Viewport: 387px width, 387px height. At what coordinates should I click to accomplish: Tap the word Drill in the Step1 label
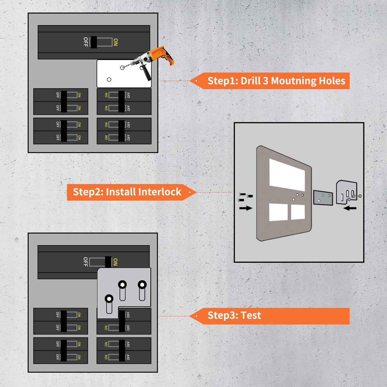[250, 81]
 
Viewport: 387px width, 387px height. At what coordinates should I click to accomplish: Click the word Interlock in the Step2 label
[160, 192]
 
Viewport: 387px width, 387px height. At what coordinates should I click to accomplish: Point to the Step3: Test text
[234, 315]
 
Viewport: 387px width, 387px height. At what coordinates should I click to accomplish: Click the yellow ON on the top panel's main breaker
[116, 42]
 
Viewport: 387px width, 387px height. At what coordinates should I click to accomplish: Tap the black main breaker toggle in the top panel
[94, 42]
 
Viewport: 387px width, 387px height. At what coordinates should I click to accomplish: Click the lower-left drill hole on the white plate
[109, 79]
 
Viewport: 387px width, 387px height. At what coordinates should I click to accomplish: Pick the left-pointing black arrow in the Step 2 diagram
[350, 208]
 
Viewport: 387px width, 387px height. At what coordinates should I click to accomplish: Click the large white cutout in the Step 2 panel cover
[287, 174]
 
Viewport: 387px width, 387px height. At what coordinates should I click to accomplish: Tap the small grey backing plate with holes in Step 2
[323, 198]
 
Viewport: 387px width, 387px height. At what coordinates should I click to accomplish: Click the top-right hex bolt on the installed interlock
[142, 285]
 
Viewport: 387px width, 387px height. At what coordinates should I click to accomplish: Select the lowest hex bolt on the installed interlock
[109, 299]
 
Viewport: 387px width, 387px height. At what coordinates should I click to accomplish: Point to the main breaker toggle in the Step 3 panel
[108, 262]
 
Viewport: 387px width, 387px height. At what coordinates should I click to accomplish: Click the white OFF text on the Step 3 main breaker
[85, 262]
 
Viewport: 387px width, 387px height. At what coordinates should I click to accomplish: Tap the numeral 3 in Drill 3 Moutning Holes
[265, 81]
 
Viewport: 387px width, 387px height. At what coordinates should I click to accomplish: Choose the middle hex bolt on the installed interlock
[122, 285]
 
